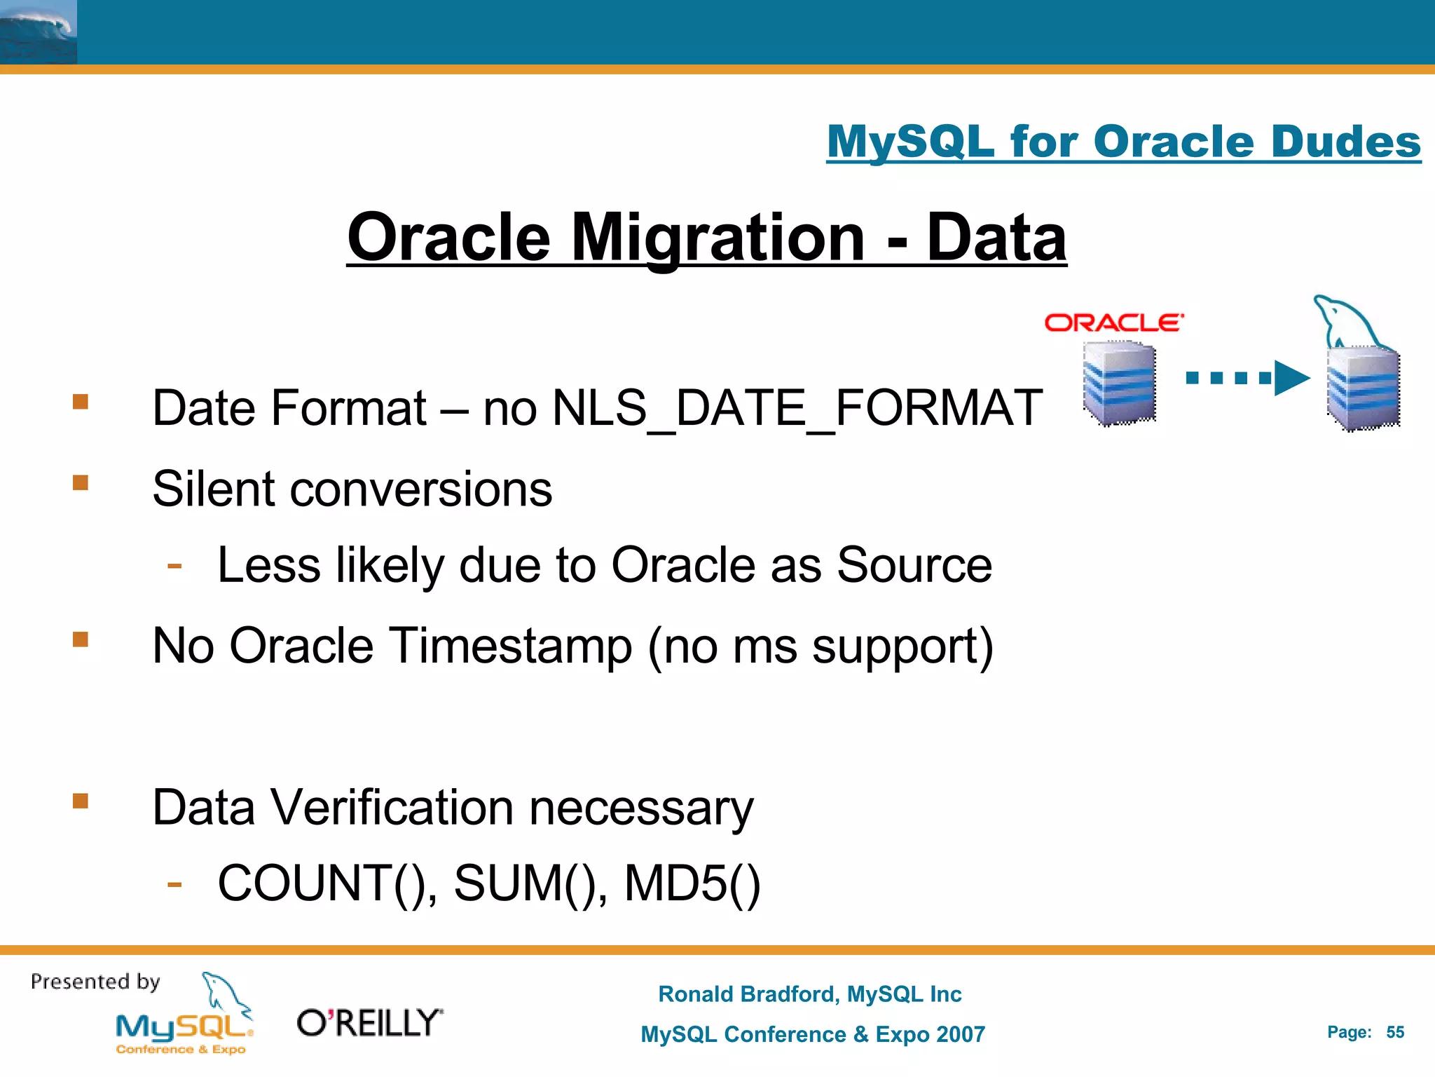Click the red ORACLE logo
coord(1113,323)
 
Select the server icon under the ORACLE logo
coord(1119,383)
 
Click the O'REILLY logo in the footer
coord(370,1023)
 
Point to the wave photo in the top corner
coord(38,32)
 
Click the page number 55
coord(1395,1032)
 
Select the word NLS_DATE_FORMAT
coord(797,408)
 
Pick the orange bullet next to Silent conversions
coord(81,482)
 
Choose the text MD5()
coord(692,883)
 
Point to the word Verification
coord(392,808)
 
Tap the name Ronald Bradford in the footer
coord(747,994)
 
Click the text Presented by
coord(95,982)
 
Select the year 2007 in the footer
coord(960,1034)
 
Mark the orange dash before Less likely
coord(174,565)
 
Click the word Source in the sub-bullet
coord(914,565)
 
